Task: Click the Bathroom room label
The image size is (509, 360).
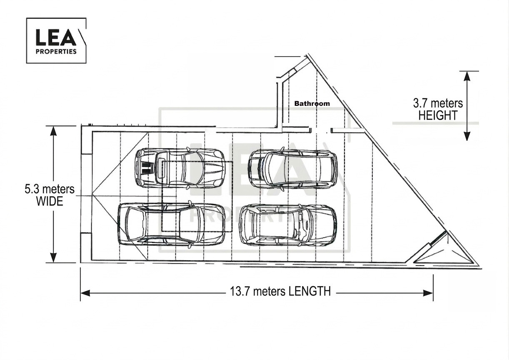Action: (x=312, y=104)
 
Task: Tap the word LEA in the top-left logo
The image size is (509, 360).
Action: (x=56, y=37)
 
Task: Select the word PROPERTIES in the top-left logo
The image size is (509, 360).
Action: (x=56, y=52)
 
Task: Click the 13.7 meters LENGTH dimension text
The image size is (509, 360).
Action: (x=280, y=291)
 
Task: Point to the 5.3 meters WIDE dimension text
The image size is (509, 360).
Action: (x=50, y=195)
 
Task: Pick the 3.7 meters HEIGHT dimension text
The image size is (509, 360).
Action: (x=438, y=110)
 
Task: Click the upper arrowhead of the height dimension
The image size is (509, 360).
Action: (x=467, y=76)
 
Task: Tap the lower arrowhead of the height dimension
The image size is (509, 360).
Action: (x=467, y=136)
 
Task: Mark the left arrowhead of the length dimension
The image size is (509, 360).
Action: (x=85, y=293)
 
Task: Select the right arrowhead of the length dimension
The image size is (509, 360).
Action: (x=428, y=293)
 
